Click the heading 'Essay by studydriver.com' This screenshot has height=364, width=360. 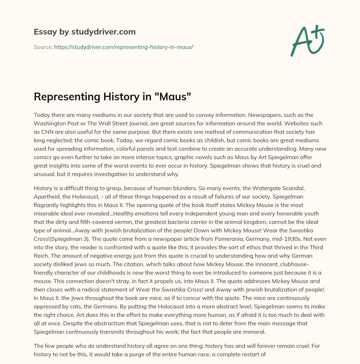(84, 32)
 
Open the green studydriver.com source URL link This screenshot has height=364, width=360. (123, 47)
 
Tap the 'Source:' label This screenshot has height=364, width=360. (43, 47)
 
